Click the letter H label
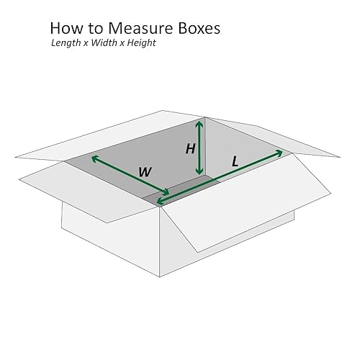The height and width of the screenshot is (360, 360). coord(190,149)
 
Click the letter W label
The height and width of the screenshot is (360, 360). coord(145,172)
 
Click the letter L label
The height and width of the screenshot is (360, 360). coord(235,163)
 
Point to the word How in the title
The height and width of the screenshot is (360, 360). coord(65,29)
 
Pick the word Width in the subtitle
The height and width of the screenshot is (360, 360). coord(105,43)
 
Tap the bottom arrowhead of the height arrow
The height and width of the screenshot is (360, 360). coord(199,173)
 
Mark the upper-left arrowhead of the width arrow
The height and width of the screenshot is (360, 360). coord(94,157)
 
